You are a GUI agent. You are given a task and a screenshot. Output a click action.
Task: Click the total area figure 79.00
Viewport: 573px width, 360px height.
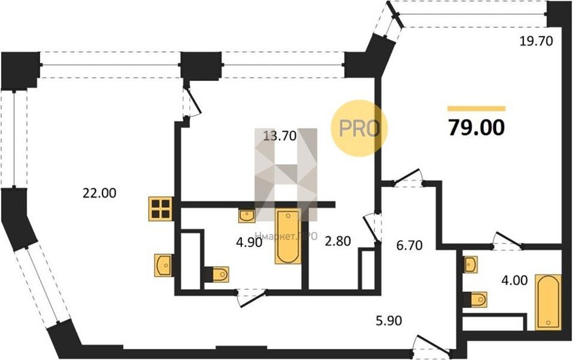coord(476,127)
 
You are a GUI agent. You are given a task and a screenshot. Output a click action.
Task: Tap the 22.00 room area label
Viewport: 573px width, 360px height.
coord(99,193)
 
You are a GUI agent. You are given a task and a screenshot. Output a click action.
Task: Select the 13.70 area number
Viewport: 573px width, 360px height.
coord(279,136)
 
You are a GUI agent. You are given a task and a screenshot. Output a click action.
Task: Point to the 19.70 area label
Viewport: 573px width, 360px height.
coord(536,41)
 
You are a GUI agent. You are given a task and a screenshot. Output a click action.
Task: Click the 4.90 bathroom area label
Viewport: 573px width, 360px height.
coord(249,242)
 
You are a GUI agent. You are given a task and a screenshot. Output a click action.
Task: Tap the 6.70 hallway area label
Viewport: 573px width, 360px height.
coord(409,245)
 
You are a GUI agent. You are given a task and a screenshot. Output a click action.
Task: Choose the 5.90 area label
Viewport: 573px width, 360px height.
coord(389,320)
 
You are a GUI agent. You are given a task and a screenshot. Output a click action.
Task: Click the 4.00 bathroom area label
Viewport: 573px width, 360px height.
coord(514,280)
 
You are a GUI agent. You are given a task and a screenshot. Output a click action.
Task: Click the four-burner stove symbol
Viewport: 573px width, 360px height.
coord(160,209)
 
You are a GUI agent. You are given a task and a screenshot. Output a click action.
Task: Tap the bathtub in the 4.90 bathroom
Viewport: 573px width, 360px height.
coord(288,236)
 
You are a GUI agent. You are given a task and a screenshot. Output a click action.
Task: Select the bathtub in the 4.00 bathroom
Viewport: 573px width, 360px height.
coord(548,302)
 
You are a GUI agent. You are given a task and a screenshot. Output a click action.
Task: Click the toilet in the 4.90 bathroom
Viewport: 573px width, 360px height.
coord(217,275)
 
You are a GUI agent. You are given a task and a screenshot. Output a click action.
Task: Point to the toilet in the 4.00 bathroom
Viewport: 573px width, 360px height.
coord(476,299)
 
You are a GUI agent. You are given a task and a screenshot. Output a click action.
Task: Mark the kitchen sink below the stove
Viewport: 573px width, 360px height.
coord(163,265)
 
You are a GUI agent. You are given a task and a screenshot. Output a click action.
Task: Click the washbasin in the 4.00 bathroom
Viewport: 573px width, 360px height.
coord(470,264)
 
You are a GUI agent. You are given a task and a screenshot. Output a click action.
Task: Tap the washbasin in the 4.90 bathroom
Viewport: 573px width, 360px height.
coord(247,216)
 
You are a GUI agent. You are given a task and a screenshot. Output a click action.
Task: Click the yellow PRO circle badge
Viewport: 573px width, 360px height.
coord(359,129)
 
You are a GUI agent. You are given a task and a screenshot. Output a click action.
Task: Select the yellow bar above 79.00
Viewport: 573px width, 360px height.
coord(476,108)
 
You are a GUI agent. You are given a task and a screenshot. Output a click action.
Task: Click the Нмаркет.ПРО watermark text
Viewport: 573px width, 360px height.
coord(286,236)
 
